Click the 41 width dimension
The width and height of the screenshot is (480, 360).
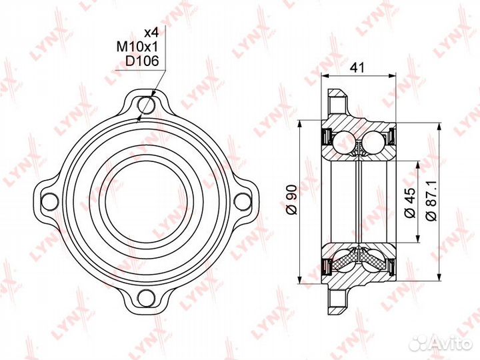pyautogui.click(x=360, y=67)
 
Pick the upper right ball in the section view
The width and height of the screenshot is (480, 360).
pyautogui.click(x=374, y=141)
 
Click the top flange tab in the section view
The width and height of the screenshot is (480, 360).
pyautogui.click(x=338, y=103)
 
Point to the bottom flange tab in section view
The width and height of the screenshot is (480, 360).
pyautogui.click(x=338, y=297)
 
